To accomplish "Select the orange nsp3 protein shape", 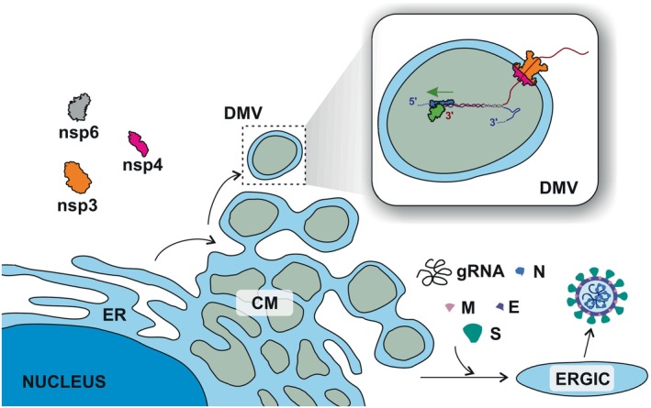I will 80,175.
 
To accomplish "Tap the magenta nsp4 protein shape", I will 140,143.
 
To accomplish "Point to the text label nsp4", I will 142,167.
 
